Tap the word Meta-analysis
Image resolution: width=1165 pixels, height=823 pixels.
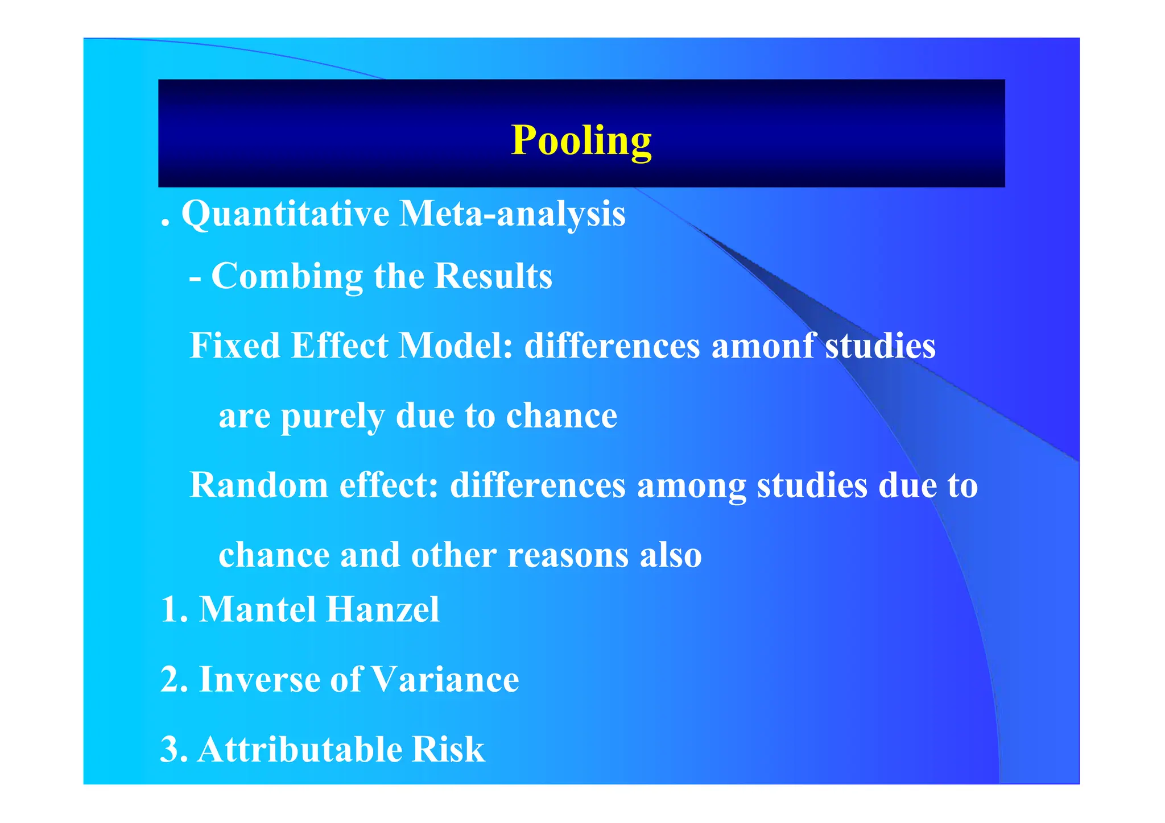tap(512, 215)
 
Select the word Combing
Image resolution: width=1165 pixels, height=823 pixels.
tap(287, 277)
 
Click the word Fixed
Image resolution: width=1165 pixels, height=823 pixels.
tap(234, 346)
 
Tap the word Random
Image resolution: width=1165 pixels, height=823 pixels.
tap(259, 485)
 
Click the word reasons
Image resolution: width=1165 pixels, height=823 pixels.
tap(568, 555)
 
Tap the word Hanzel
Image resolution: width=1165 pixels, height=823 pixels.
tap(383, 610)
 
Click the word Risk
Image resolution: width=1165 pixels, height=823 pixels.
tap(448, 749)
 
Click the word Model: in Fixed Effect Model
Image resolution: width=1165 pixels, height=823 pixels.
tap(456, 346)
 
